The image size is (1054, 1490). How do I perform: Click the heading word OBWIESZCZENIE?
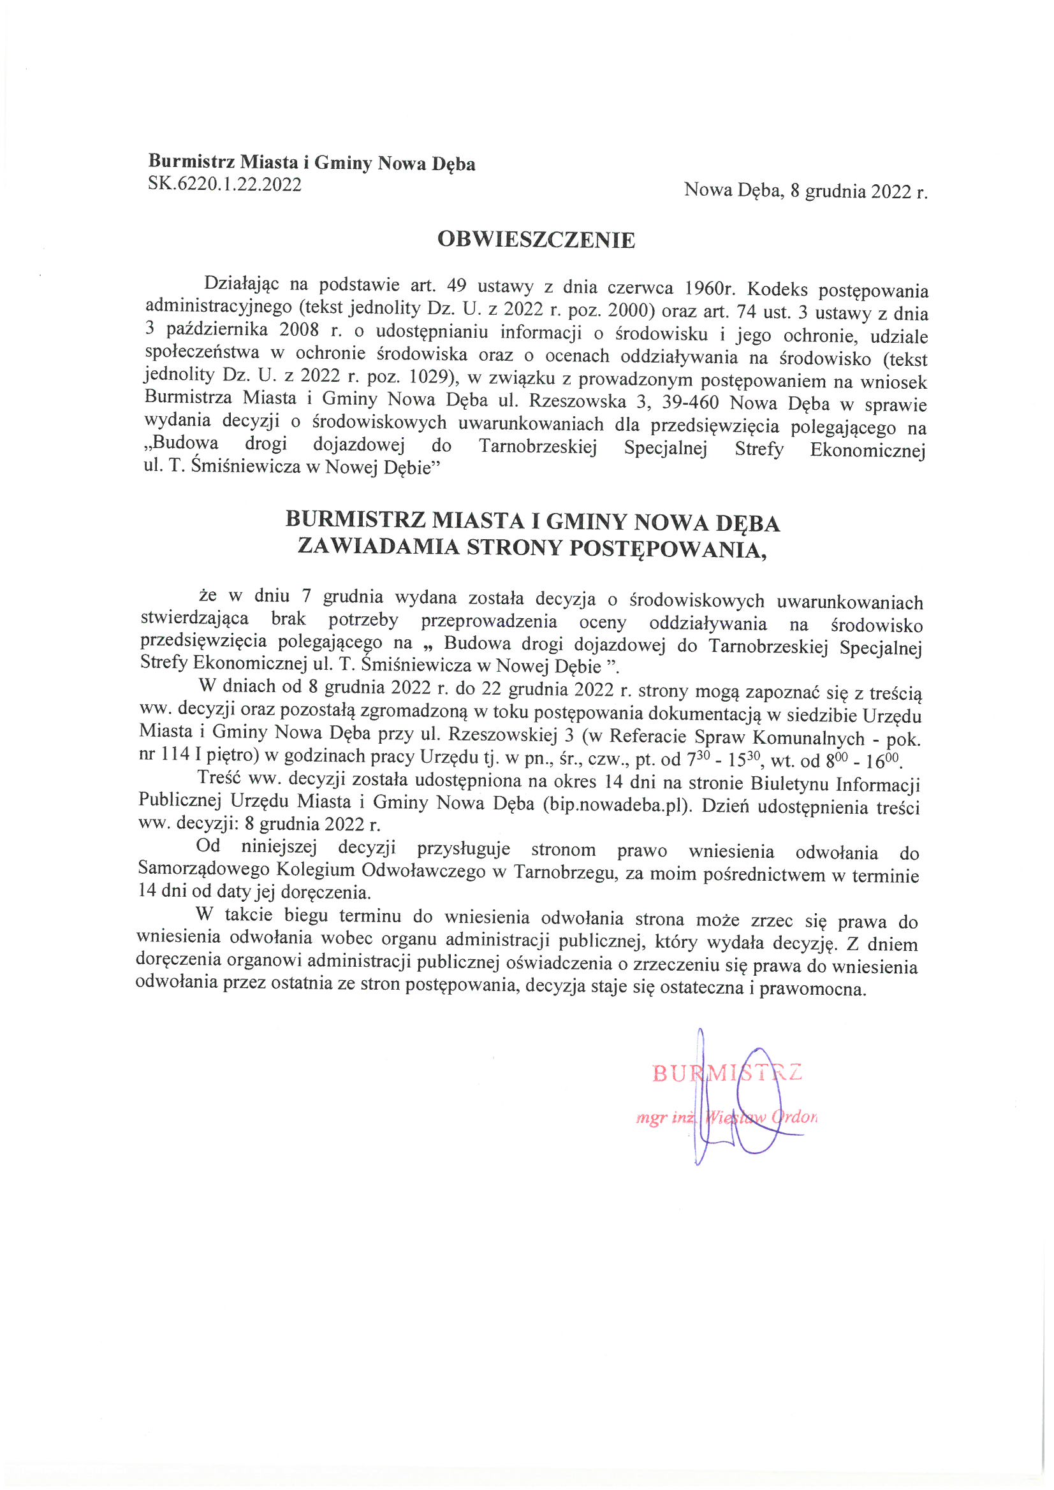536,240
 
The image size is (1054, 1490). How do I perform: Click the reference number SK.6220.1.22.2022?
224,184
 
